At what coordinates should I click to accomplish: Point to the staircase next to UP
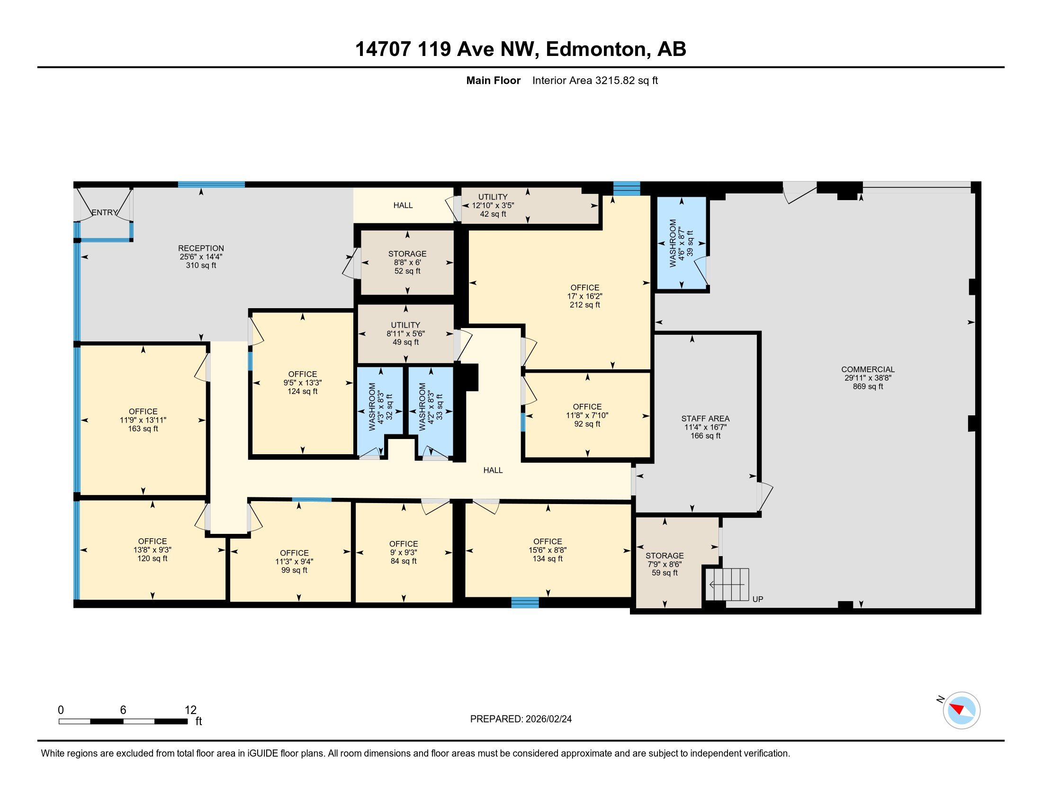coord(727,585)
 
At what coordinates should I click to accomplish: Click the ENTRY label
coord(105,212)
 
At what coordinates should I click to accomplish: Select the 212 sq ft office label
coord(585,296)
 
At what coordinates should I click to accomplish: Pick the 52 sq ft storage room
coord(407,263)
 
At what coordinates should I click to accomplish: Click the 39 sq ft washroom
coord(681,243)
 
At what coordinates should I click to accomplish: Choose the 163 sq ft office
coord(143,420)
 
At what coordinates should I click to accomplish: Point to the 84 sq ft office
coord(404,552)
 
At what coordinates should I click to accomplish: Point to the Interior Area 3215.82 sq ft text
coord(595,80)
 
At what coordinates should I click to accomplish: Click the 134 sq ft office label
coord(548,550)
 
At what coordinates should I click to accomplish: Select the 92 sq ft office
coord(587,415)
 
